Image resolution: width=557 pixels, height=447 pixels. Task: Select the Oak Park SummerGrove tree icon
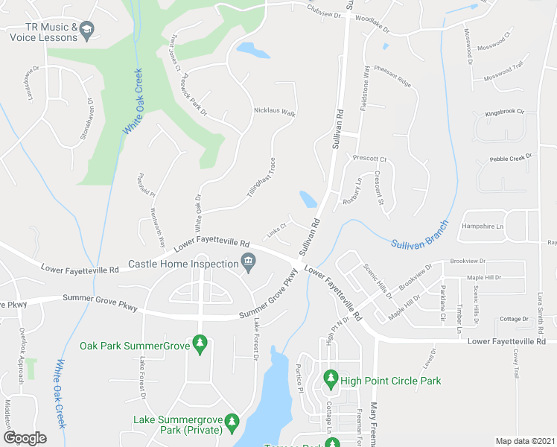[x=199, y=344]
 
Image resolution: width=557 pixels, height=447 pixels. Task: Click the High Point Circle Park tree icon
[x=331, y=381]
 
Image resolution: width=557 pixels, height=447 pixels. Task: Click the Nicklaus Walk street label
[x=275, y=114]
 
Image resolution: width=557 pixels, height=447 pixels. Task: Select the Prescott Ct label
[x=370, y=159]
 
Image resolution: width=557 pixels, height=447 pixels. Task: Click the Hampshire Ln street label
[x=483, y=226]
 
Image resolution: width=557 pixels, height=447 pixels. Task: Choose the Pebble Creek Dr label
[x=512, y=158]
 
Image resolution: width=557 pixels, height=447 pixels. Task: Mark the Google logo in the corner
[x=25, y=437]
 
